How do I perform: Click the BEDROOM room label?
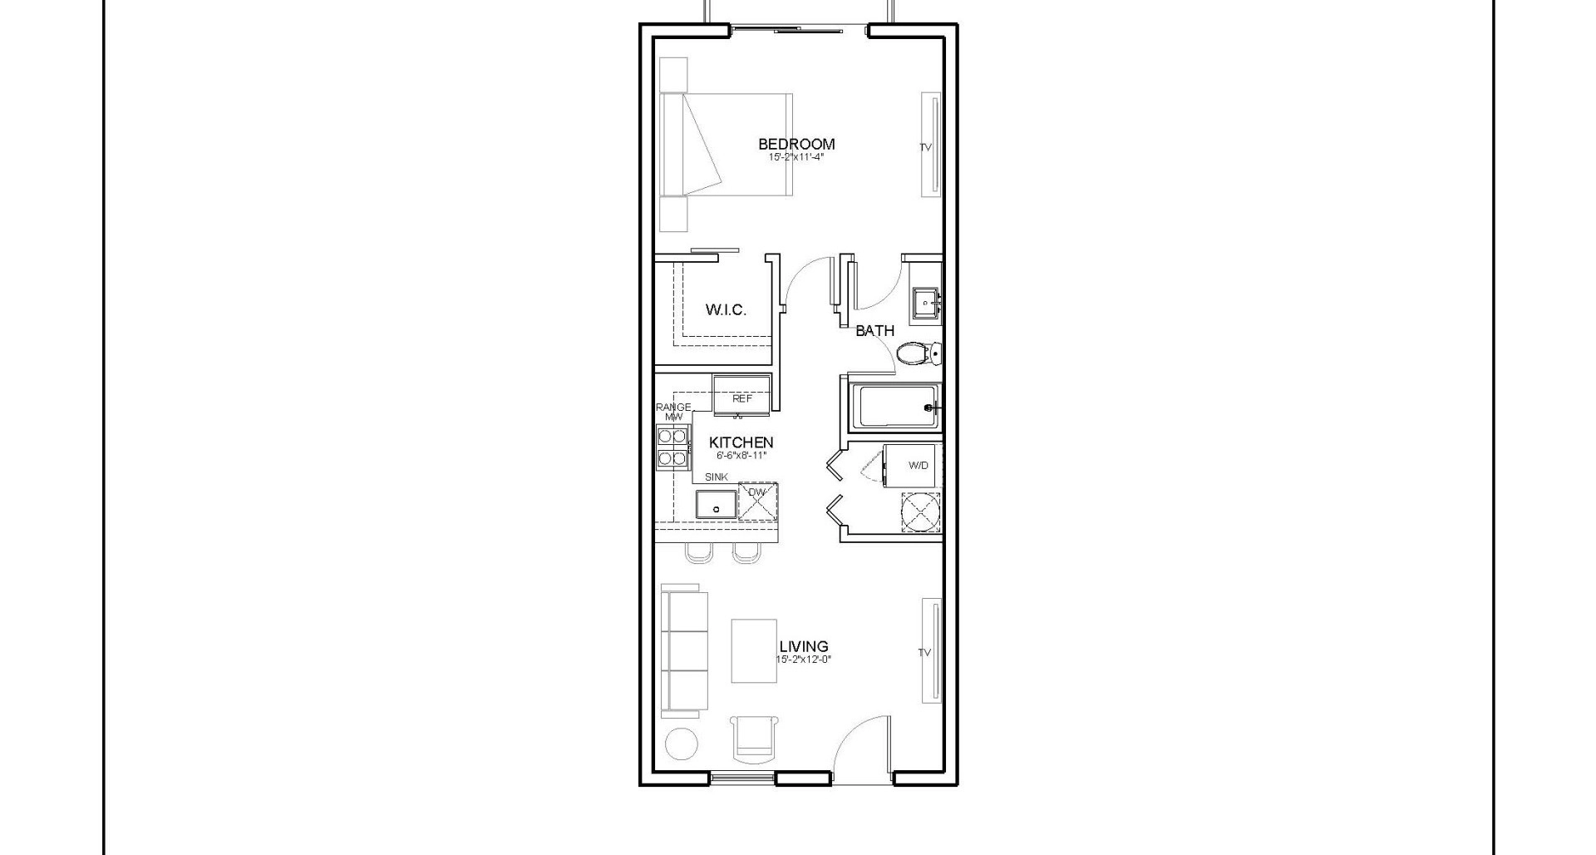point(796,144)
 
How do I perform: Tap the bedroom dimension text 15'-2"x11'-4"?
point(796,156)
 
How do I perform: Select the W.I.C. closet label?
point(726,310)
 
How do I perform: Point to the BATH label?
point(874,331)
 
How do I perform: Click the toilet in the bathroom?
point(918,354)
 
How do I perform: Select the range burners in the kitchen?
point(672,447)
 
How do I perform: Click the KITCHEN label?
point(741,442)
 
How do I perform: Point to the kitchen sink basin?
point(716,505)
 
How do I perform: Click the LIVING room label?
point(803,646)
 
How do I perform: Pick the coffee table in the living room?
point(754,650)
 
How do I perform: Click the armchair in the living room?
point(754,739)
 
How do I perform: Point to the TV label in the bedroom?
point(925,147)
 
